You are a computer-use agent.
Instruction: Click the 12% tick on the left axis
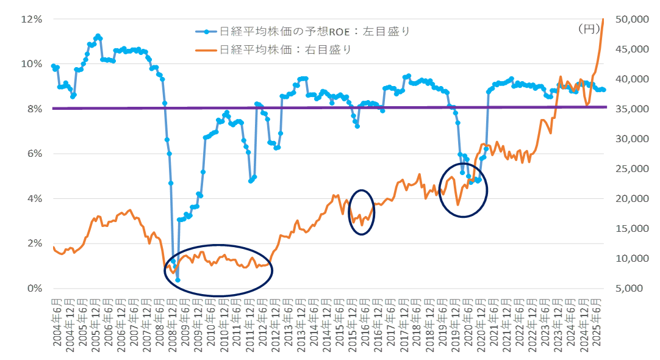(32, 19)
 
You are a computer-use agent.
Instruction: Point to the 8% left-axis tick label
(34, 109)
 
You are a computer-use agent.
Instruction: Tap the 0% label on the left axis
(34, 288)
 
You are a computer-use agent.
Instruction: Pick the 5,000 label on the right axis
(633, 288)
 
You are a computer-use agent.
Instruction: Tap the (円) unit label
(589, 28)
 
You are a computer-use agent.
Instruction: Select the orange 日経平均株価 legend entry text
(285, 49)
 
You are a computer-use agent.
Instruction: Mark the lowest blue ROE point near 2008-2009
(178, 280)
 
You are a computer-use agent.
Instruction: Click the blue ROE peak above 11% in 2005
(98, 36)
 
